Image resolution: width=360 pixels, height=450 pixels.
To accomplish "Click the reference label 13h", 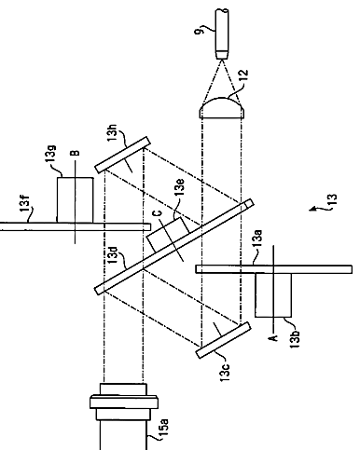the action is pyautogui.click(x=113, y=132).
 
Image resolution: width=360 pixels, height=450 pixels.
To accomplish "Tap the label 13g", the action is pyautogui.click(x=51, y=153).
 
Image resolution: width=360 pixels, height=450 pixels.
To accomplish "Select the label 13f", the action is pyautogui.click(x=25, y=203).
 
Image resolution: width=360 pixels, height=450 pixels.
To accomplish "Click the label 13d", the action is pyautogui.click(x=113, y=255).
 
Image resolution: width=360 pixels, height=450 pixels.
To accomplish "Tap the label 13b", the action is pyautogui.click(x=296, y=338).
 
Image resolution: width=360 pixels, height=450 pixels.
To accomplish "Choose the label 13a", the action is pyautogui.click(x=257, y=238).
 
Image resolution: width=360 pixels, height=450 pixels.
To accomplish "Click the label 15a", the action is pyautogui.click(x=164, y=429).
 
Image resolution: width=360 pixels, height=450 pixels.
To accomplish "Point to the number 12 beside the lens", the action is pyautogui.click(x=243, y=76).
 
